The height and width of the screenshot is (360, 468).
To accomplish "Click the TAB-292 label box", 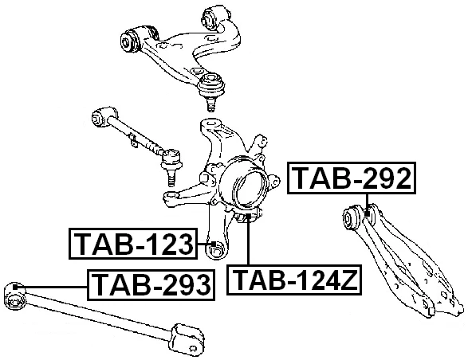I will [x=352, y=178].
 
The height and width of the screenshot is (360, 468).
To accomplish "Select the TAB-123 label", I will [x=134, y=245].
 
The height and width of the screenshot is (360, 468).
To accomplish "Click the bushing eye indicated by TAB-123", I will [x=214, y=252].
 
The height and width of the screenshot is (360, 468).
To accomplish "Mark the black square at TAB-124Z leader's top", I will [x=248, y=217].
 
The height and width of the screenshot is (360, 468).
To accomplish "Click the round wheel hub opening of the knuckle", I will [x=248, y=188].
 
